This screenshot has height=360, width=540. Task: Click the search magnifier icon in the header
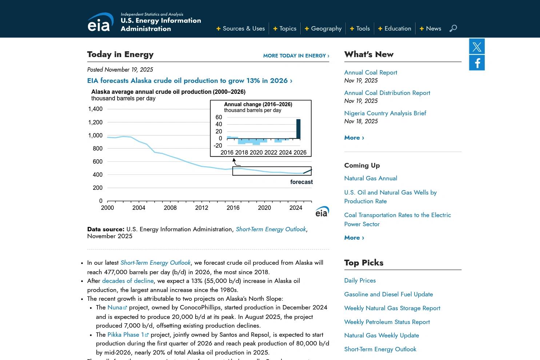click(x=453, y=28)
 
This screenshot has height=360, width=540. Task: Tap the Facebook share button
click(x=477, y=63)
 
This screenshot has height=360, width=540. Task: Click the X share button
click(x=477, y=46)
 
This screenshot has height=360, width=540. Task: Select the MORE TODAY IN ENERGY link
click(x=296, y=56)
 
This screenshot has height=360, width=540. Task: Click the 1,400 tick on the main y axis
click(x=96, y=109)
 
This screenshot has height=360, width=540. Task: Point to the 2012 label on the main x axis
click(x=201, y=208)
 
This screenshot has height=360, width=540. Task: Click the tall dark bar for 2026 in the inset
click(x=298, y=129)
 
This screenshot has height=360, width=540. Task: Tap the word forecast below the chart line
click(x=301, y=182)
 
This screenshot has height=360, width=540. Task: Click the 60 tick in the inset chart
click(x=219, y=117)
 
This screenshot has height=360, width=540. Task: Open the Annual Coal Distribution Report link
click(x=387, y=93)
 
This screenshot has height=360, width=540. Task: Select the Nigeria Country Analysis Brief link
click(x=385, y=113)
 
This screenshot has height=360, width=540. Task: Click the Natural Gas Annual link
click(x=371, y=178)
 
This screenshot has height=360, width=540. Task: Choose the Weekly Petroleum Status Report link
click(x=387, y=322)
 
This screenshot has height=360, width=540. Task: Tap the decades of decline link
click(x=128, y=281)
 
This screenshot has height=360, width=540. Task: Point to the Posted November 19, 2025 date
click(x=120, y=70)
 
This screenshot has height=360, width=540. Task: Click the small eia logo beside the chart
click(x=322, y=212)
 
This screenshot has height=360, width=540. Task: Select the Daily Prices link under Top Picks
click(x=360, y=280)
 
